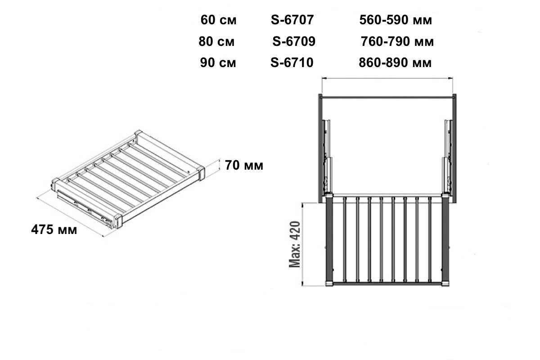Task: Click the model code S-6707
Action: pyautogui.click(x=292, y=20)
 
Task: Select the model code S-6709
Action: pyautogui.click(x=294, y=41)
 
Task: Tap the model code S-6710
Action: pyautogui.click(x=292, y=63)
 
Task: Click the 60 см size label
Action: pyautogui.click(x=218, y=20)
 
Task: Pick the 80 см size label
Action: pyautogui.click(x=216, y=41)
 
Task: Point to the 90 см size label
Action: pyautogui.click(x=218, y=63)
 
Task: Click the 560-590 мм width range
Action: pyautogui.click(x=396, y=20)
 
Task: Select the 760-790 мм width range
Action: pyautogui.click(x=397, y=41)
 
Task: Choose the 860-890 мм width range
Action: pyautogui.click(x=395, y=63)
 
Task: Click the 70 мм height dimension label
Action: pyautogui.click(x=244, y=166)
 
